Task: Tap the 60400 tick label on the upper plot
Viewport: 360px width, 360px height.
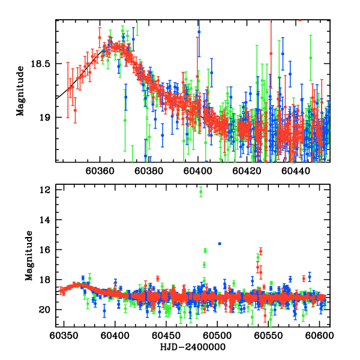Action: (x=197, y=170)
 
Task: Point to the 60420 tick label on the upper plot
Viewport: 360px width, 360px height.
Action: (x=247, y=170)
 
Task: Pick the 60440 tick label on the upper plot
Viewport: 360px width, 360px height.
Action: (x=297, y=170)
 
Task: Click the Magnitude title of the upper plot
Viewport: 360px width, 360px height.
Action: (x=20, y=91)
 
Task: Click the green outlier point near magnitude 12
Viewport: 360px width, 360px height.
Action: (x=200, y=192)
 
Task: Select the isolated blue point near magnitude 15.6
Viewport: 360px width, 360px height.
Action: (x=220, y=243)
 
